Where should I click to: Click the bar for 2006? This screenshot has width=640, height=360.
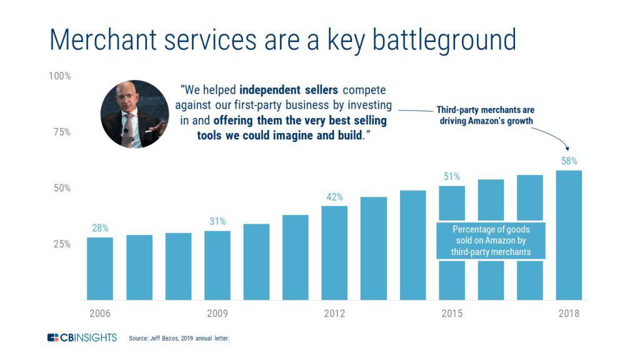pyautogui.click(x=100, y=269)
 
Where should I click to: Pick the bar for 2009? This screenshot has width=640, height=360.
pyautogui.click(x=217, y=266)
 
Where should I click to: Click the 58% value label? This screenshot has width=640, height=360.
pyautogui.click(x=569, y=161)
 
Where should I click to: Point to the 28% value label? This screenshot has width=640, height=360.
pyautogui.click(x=100, y=228)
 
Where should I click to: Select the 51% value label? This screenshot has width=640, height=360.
pyautogui.click(x=452, y=176)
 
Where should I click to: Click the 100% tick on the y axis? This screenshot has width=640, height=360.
pyautogui.click(x=60, y=76)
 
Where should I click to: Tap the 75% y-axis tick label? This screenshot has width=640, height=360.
pyautogui.click(x=60, y=132)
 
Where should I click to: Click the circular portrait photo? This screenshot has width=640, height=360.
pyautogui.click(x=134, y=114)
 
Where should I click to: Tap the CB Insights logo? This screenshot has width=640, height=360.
pyautogui.click(x=82, y=338)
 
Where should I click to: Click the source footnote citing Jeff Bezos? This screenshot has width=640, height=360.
pyautogui.click(x=179, y=339)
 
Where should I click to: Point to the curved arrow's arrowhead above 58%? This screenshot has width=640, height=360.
pyautogui.click(x=568, y=149)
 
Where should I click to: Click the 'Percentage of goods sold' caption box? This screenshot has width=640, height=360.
pyautogui.click(x=491, y=241)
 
